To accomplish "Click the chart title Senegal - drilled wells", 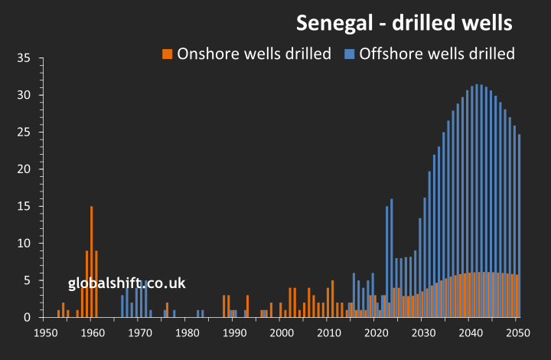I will click(404, 23).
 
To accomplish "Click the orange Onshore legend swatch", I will click(167, 54).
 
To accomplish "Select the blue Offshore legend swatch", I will click(350, 54).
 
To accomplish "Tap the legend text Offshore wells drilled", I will click(437, 54).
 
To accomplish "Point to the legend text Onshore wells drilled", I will click(254, 54).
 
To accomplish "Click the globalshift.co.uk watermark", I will click(127, 283).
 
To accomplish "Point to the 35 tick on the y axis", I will click(23, 58).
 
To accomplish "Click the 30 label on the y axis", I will click(23, 95).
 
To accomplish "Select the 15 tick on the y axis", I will click(23, 206).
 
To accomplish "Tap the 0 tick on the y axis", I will click(27, 317).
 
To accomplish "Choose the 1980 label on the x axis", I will click(187, 333).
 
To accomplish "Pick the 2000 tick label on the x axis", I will click(281, 333).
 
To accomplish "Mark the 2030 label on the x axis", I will click(422, 333).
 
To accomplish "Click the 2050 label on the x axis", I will click(517, 333).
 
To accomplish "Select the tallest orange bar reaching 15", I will click(92, 260).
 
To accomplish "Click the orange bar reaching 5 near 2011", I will click(332, 299).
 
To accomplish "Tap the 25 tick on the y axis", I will click(23, 133).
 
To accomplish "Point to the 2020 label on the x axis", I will click(375, 333).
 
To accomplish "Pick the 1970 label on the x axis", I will click(139, 333).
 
